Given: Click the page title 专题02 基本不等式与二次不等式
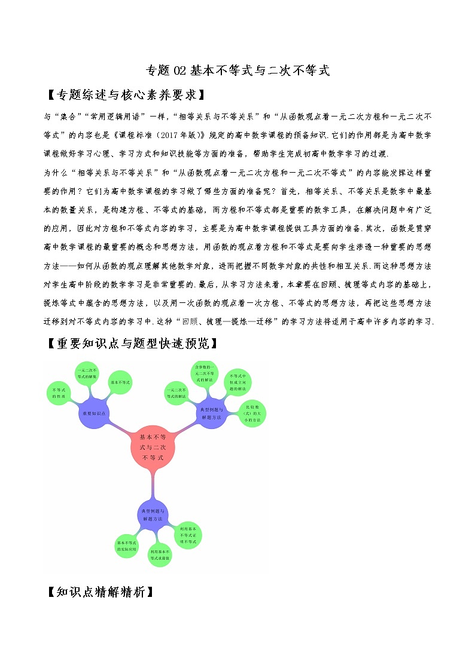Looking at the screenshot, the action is click(x=237, y=71).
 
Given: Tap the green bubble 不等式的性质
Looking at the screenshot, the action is click(x=59, y=393).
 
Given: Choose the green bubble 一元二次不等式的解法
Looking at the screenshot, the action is click(x=176, y=393).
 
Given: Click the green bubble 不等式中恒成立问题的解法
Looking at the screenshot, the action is click(x=238, y=382).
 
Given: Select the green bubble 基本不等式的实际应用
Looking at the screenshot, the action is click(x=127, y=545).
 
